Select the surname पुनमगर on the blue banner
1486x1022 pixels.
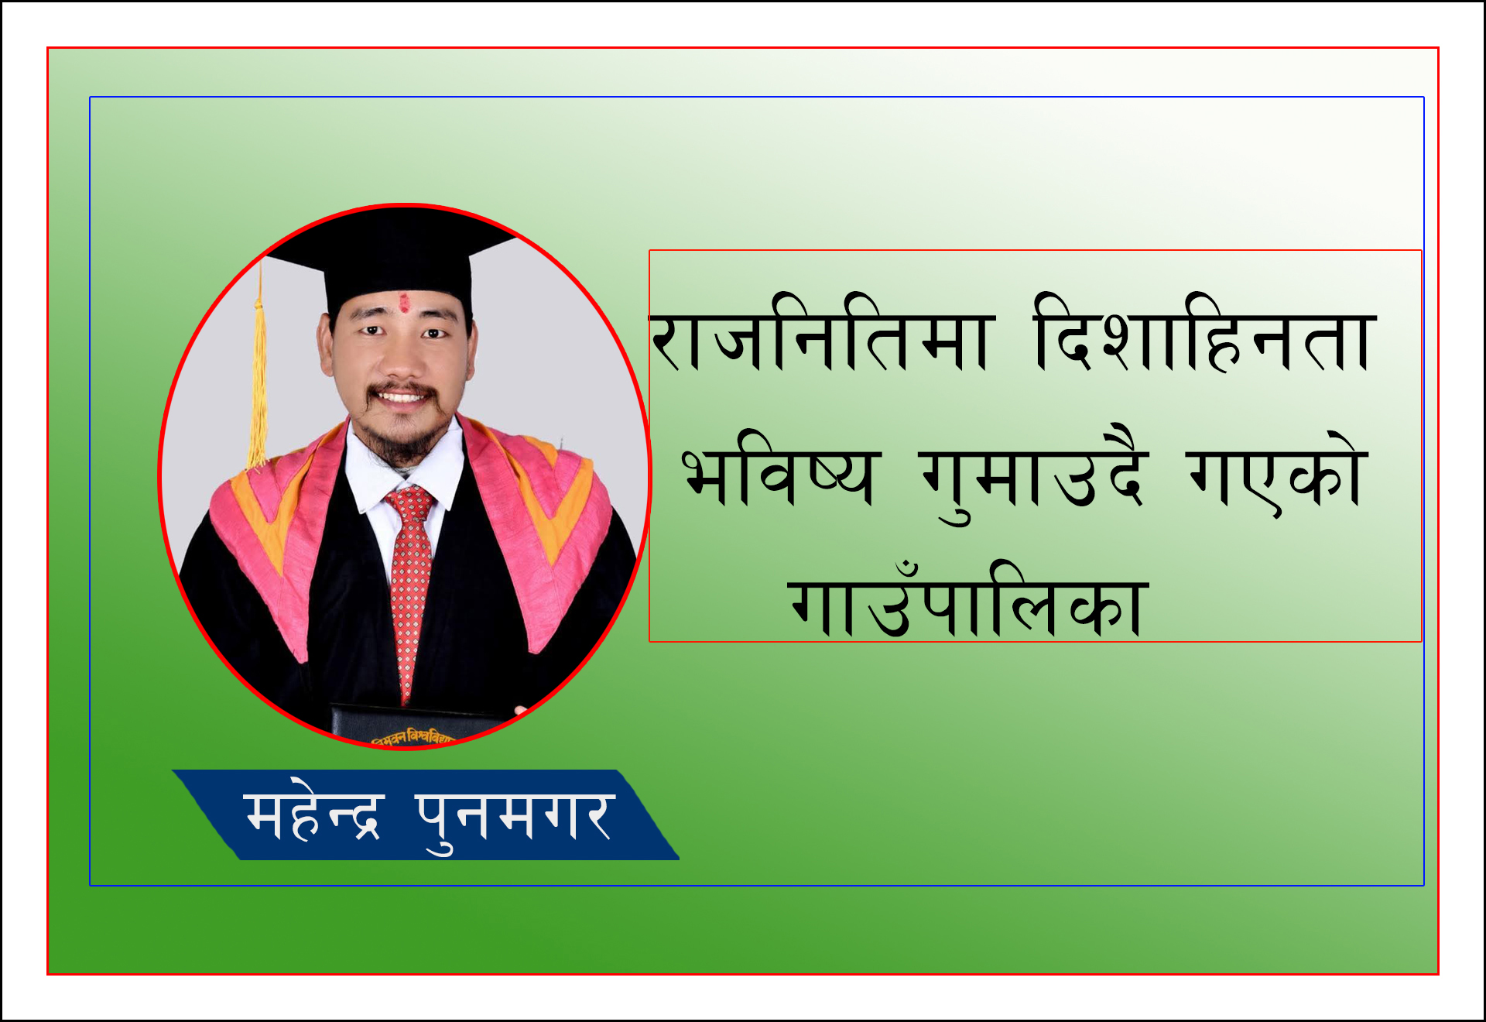[515, 821]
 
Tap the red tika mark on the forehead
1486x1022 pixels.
[404, 303]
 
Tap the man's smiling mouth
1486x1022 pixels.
[402, 398]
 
